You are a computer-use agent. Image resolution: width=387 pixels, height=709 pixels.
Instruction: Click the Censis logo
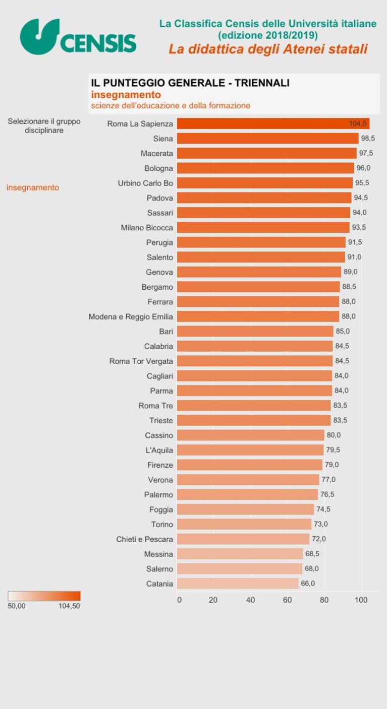click(x=78, y=37)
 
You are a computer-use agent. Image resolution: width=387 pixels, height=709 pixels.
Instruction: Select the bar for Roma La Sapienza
click(x=273, y=123)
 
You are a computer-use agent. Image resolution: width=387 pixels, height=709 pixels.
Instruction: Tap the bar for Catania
click(x=238, y=584)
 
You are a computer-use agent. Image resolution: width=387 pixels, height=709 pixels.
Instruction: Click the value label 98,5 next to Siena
click(x=368, y=138)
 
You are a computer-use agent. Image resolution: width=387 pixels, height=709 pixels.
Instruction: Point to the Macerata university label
click(x=157, y=154)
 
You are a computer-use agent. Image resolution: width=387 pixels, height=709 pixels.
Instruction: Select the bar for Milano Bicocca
click(x=263, y=227)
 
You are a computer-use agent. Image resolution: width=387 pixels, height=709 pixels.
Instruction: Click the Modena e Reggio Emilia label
click(x=131, y=316)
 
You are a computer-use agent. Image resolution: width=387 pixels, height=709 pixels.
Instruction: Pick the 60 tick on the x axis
click(x=287, y=600)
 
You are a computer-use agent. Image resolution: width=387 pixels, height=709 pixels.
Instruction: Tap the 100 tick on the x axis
click(x=361, y=600)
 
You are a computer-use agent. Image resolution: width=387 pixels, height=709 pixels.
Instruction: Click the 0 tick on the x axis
click(x=180, y=600)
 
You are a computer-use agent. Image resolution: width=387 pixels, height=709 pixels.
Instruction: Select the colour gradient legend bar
click(x=44, y=596)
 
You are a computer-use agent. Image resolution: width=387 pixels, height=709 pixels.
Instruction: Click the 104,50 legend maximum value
click(x=69, y=606)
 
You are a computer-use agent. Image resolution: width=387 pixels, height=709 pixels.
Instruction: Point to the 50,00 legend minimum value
click(x=17, y=606)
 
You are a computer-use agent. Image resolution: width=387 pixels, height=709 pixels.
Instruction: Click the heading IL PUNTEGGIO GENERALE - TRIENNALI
click(x=190, y=83)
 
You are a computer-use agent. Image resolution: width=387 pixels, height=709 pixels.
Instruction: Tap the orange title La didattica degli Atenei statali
click(x=268, y=49)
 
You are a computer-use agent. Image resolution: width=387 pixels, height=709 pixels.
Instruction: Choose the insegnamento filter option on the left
click(x=33, y=187)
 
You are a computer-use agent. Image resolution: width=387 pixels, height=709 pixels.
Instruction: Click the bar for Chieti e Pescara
click(x=243, y=539)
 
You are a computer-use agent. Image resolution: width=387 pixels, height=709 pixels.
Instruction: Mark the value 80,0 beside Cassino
click(x=334, y=435)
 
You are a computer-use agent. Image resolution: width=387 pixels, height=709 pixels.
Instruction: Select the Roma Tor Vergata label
click(x=141, y=361)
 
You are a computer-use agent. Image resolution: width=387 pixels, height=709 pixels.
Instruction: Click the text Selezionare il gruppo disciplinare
click(x=44, y=125)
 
